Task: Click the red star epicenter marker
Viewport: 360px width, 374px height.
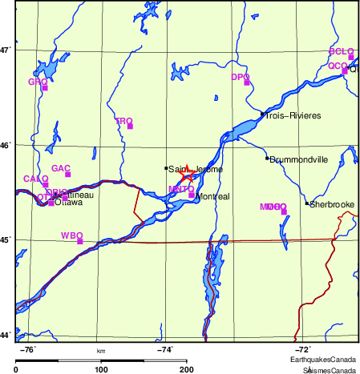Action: pyautogui.click(x=187, y=175)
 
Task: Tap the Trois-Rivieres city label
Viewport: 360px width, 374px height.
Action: pyautogui.click(x=293, y=116)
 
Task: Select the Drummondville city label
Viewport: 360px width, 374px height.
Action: pyautogui.click(x=300, y=159)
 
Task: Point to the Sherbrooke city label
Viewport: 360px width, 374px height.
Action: pyautogui.click(x=332, y=204)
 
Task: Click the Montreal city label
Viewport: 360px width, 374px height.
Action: pyautogui.click(x=213, y=197)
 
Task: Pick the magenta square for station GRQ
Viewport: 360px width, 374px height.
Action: pyautogui.click(x=45, y=87)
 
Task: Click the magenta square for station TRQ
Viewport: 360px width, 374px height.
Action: pyautogui.click(x=130, y=126)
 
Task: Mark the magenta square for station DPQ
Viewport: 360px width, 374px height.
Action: pyautogui.click(x=247, y=82)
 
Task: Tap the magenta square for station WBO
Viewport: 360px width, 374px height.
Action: pyautogui.click(x=79, y=240)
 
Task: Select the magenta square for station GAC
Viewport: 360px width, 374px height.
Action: pyautogui.click(x=68, y=174)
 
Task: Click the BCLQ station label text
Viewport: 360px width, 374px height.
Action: pyautogui.click(x=341, y=51)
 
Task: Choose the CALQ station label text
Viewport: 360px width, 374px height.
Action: pyautogui.click(x=35, y=179)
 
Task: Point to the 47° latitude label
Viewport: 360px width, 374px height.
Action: pyautogui.click(x=6, y=50)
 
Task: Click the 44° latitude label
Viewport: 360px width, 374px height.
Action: pyautogui.click(x=6, y=335)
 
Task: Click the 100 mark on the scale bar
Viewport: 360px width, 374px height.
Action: pyautogui.click(x=101, y=369)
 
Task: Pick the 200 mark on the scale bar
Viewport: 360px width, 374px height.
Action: pyautogui.click(x=187, y=369)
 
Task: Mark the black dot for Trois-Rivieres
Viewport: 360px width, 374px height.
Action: pyautogui.click(x=262, y=115)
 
